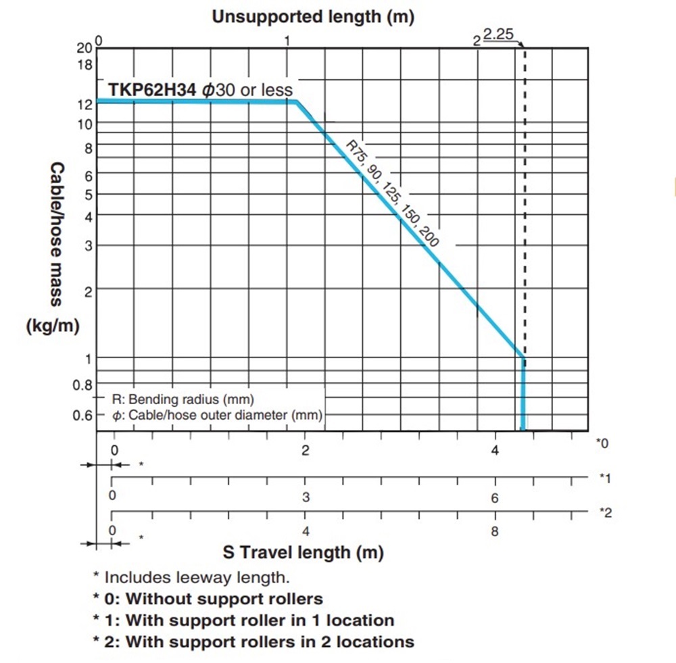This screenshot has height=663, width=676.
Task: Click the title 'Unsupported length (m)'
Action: pyautogui.click(x=312, y=16)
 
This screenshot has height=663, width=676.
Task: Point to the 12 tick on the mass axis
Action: pyautogui.click(x=84, y=105)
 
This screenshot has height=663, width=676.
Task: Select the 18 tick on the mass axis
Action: pyautogui.click(x=84, y=66)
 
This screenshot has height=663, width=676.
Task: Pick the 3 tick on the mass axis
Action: pyautogui.click(x=87, y=246)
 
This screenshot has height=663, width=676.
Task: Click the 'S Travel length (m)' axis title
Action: pyautogui.click(x=304, y=552)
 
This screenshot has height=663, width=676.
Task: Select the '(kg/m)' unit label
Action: pyautogui.click(x=53, y=326)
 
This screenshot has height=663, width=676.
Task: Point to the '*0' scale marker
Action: pyautogui.click(x=602, y=443)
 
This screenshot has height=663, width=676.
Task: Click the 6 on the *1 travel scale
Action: pyautogui.click(x=495, y=498)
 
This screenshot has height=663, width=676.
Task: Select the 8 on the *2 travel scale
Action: pyautogui.click(x=495, y=531)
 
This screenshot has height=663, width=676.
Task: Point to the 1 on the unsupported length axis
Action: pyautogui.click(x=287, y=40)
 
